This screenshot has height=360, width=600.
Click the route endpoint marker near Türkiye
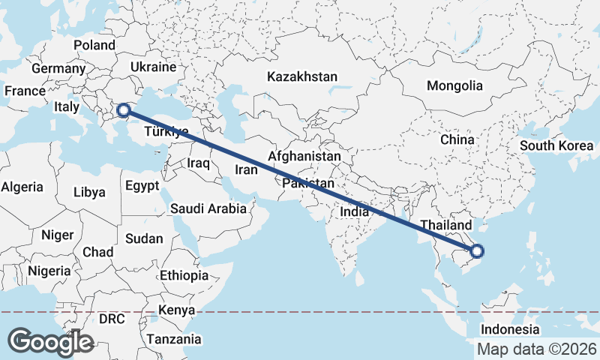pyautogui.click(x=124, y=112)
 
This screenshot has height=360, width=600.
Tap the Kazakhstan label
pyautogui.click(x=302, y=76)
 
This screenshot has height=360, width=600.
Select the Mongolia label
pyautogui.click(x=454, y=85)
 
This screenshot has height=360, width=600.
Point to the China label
pyautogui.click(x=457, y=139)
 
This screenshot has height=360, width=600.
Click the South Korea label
pyautogui.click(x=556, y=145)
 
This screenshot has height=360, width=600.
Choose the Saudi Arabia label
pyautogui.click(x=208, y=208)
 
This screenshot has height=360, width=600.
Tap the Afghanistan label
pyautogui.click(x=304, y=157)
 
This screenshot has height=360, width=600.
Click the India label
pyautogui.click(x=354, y=211)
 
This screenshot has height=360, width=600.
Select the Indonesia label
pyautogui.click(x=510, y=329)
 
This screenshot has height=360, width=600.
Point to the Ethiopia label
pyautogui.click(x=184, y=275)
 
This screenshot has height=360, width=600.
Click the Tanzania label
pyautogui.click(x=174, y=339)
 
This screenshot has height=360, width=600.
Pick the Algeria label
pyautogui.click(x=22, y=187)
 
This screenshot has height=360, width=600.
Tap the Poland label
pyautogui.click(x=94, y=45)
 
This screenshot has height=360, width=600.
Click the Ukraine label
pyautogui.click(x=152, y=67)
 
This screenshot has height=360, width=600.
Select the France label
pyautogui.click(x=25, y=91)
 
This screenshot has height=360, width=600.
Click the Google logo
pyautogui.click(x=50, y=341)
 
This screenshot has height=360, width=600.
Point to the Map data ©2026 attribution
pyautogui.click(x=537, y=349)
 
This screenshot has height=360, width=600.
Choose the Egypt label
pyautogui.click(x=142, y=185)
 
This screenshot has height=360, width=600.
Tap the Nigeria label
pyautogui.click(x=49, y=271)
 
